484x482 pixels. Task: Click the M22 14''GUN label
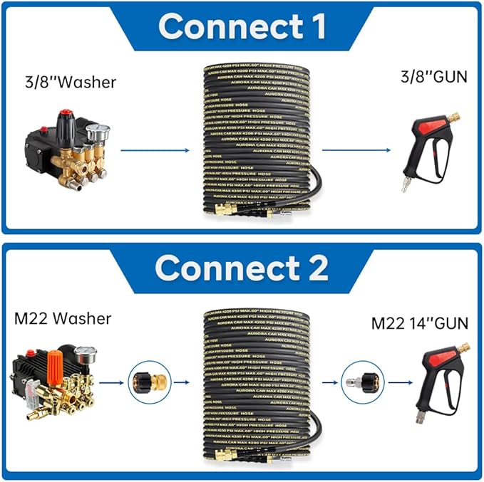(x=420, y=323)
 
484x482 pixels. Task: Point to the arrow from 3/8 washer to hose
(x=154, y=150)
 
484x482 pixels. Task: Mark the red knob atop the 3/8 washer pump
(x=68, y=116)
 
